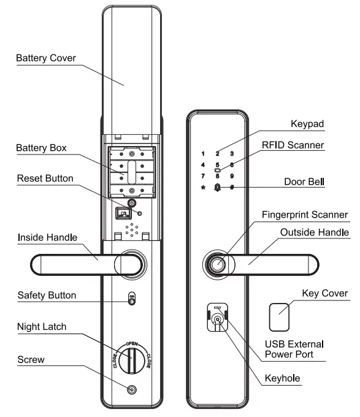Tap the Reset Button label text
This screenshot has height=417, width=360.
(45, 178)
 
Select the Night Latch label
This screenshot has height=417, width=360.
(42, 327)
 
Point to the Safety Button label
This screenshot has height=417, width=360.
(47, 296)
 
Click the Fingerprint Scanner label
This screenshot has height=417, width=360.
(305, 215)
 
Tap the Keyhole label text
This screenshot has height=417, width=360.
(282, 378)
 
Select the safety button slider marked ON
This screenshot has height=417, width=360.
(131, 299)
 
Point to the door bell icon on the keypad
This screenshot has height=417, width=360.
(217, 187)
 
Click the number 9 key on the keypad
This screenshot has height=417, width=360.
(232, 176)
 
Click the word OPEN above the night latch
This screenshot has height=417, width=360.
(131, 343)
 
